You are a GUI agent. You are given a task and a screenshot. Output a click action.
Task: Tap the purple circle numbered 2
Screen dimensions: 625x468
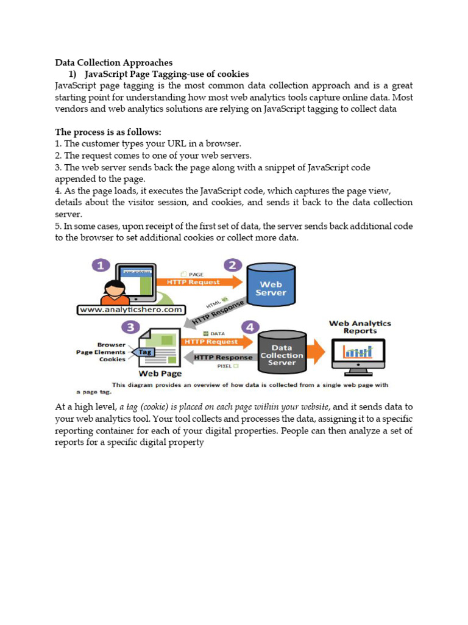tap(232, 266)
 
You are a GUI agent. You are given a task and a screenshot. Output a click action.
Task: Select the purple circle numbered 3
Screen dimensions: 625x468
tap(130, 328)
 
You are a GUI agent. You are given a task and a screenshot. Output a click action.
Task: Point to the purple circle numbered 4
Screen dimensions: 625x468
tap(251, 328)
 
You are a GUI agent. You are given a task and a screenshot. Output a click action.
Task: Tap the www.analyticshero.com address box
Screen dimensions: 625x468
tap(130, 309)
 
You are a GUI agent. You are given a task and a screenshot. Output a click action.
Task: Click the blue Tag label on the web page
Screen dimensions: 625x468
tap(144, 352)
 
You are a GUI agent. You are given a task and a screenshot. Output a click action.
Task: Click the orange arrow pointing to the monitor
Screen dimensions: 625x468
tap(317, 352)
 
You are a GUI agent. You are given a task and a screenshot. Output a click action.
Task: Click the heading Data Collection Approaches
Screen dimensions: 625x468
tap(114, 62)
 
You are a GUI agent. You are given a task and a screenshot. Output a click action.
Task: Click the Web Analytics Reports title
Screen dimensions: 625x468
tap(360, 327)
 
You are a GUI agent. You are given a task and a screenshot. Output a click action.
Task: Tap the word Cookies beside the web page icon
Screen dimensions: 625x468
tap(112, 359)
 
